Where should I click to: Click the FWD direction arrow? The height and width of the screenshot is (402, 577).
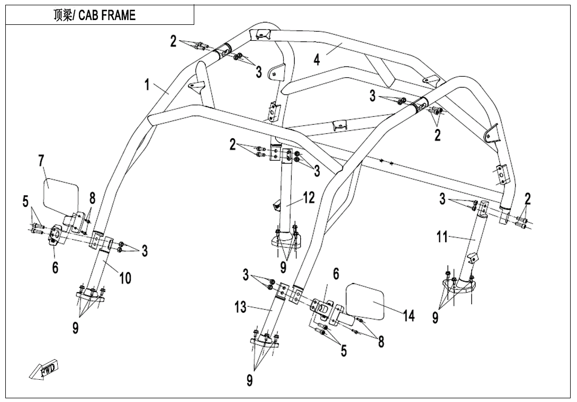(44, 370)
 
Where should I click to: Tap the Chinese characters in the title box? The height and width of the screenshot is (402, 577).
(64, 15)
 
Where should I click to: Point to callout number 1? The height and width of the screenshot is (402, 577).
(147, 84)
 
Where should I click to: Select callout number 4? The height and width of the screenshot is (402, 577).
(317, 59)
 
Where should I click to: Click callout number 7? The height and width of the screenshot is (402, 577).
(41, 161)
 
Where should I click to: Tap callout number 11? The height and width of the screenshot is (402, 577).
(443, 237)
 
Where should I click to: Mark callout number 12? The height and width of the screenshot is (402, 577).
(309, 198)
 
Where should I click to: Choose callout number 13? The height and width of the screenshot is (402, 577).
(240, 307)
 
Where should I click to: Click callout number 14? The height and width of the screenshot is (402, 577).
(409, 316)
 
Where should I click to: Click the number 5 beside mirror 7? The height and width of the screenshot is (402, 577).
(25, 202)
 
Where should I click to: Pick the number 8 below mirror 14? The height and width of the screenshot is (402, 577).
(381, 342)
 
